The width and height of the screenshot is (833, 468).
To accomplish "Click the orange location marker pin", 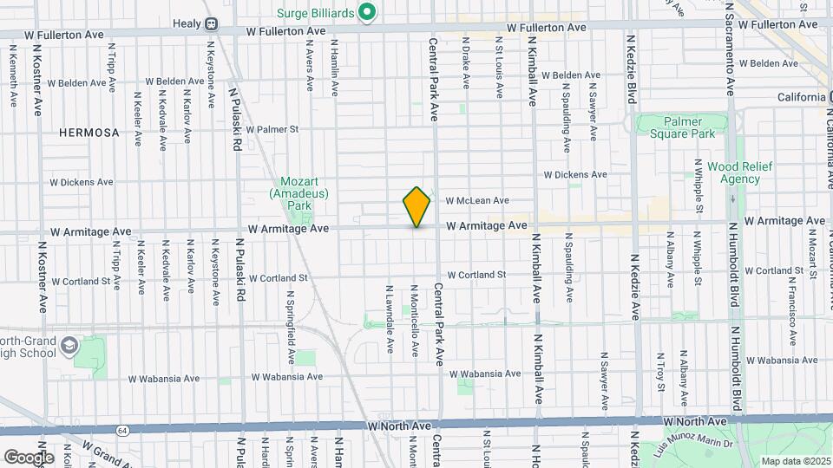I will click(416, 206).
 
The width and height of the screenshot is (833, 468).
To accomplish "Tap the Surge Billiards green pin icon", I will click(367, 12).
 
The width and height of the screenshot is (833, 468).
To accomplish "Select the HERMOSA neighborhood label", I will click(89, 133).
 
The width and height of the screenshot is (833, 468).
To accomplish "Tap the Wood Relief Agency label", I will click(733, 172).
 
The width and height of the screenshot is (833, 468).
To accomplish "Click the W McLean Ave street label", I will click(477, 200).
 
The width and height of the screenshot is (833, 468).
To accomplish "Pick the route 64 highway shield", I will click(124, 430).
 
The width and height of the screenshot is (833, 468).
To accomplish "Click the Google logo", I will click(29, 457).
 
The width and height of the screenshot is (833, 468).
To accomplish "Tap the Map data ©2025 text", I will click(794, 461).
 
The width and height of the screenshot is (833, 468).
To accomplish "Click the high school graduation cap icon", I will click(68, 348).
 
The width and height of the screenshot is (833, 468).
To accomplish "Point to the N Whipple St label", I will click(699, 185).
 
